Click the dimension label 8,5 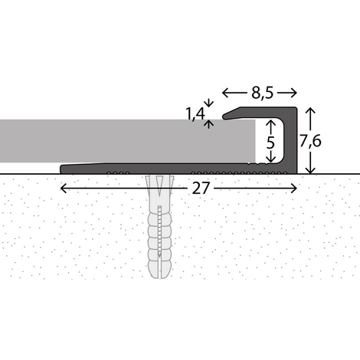tap(262, 93)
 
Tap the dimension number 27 tap(201, 188)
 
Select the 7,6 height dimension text tap(310, 141)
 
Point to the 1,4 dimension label tap(195, 113)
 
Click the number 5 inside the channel tap(270, 142)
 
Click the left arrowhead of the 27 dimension tap(62, 188)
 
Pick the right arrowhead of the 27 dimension tap(295, 188)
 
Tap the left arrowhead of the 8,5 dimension tap(224, 93)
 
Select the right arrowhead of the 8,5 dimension tap(294, 93)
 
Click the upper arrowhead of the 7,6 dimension tap(310, 110)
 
